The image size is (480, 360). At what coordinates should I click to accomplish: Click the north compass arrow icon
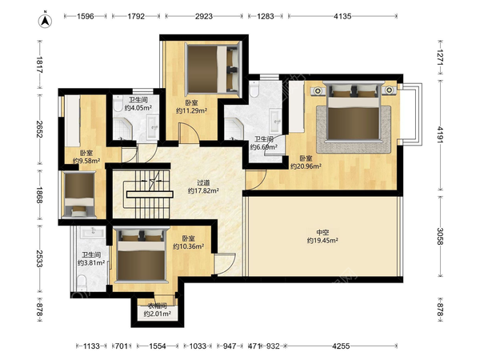(45, 20)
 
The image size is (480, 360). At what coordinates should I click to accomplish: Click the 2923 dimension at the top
(204, 16)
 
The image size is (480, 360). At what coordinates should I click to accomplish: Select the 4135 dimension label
(342, 16)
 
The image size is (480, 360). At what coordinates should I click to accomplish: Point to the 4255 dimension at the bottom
(341, 346)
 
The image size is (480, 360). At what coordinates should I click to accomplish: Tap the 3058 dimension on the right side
(440, 236)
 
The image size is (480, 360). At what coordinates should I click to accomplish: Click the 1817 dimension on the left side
(39, 65)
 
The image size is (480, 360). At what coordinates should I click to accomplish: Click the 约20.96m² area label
(306, 166)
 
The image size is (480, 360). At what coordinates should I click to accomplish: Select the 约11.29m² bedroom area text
(191, 110)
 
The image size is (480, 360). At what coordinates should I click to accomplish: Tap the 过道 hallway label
(203, 183)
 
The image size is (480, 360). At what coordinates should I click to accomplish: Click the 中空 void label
(322, 233)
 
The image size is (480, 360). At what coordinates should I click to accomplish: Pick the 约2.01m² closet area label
(158, 314)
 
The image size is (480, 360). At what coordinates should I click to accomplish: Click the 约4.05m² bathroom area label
(138, 108)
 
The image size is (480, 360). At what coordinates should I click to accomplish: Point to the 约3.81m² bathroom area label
(91, 262)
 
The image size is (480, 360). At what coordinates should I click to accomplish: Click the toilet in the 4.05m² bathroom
(118, 103)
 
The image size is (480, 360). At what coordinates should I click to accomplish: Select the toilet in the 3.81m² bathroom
(82, 283)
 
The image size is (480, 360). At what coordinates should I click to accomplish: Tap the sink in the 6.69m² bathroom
(275, 120)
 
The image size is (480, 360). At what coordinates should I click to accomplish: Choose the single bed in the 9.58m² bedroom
(79, 194)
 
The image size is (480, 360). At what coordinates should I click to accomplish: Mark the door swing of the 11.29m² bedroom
(189, 133)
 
